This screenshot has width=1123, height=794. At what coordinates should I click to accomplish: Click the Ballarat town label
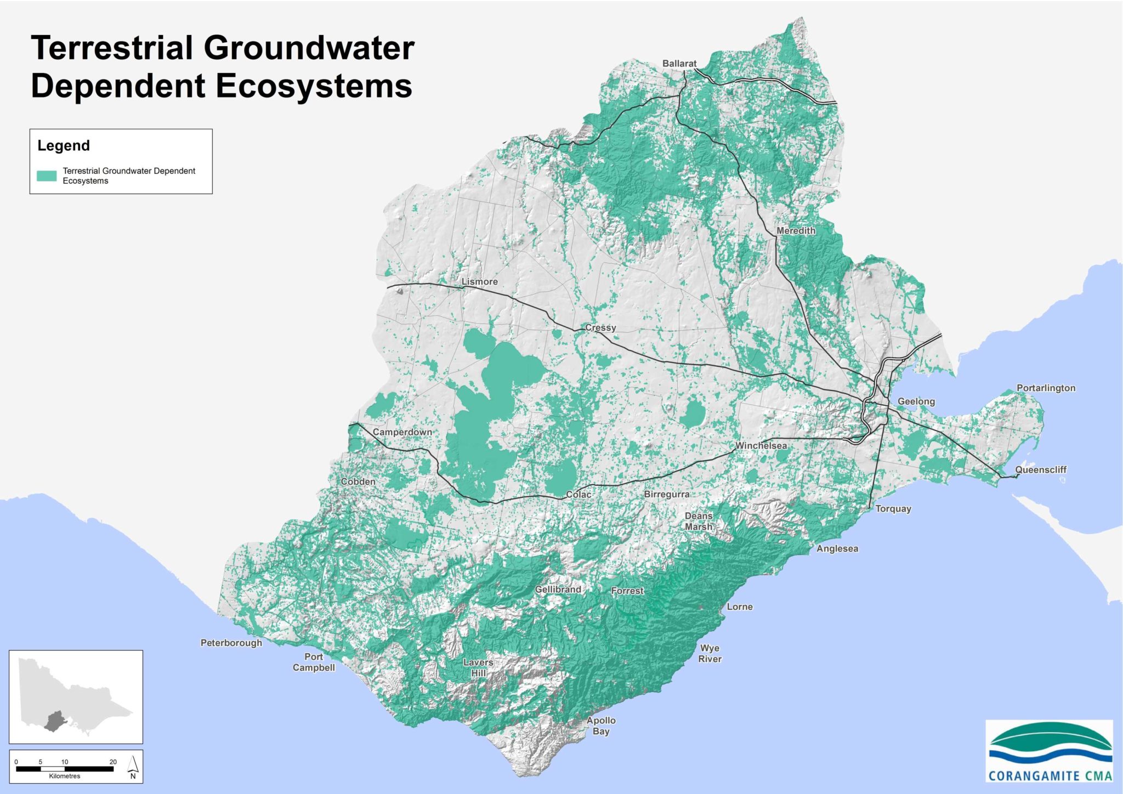[x=679, y=64]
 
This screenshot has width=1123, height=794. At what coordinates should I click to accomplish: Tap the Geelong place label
[x=916, y=401]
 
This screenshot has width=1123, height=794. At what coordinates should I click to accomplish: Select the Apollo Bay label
[x=601, y=725]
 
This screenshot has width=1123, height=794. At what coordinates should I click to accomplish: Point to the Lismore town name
[x=479, y=282]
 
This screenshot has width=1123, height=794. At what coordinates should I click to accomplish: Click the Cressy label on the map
[x=600, y=328]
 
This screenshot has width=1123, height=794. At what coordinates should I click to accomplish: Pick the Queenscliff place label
[x=1040, y=470]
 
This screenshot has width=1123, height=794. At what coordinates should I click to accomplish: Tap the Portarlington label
[x=1046, y=388]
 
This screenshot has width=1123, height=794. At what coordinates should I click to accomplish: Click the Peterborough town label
[x=231, y=643]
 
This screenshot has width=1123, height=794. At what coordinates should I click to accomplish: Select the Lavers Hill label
[x=478, y=667]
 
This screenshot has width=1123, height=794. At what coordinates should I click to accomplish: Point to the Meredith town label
[x=796, y=231]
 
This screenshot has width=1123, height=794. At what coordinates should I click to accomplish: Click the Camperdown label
[x=402, y=432]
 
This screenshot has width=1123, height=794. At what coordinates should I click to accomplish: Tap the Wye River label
[x=710, y=654]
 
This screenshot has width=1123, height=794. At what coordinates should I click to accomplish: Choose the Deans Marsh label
[x=698, y=521]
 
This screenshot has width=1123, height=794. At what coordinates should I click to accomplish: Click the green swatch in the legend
[x=47, y=176]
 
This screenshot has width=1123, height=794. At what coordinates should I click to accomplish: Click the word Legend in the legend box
[x=64, y=146]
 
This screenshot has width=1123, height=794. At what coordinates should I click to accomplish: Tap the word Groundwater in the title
[x=309, y=48]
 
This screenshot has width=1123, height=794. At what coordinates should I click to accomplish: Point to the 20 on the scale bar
[x=113, y=762]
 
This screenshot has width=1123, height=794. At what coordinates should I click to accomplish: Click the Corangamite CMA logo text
[x=1050, y=776]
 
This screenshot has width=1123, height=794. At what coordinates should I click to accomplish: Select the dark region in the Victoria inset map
[x=54, y=721]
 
